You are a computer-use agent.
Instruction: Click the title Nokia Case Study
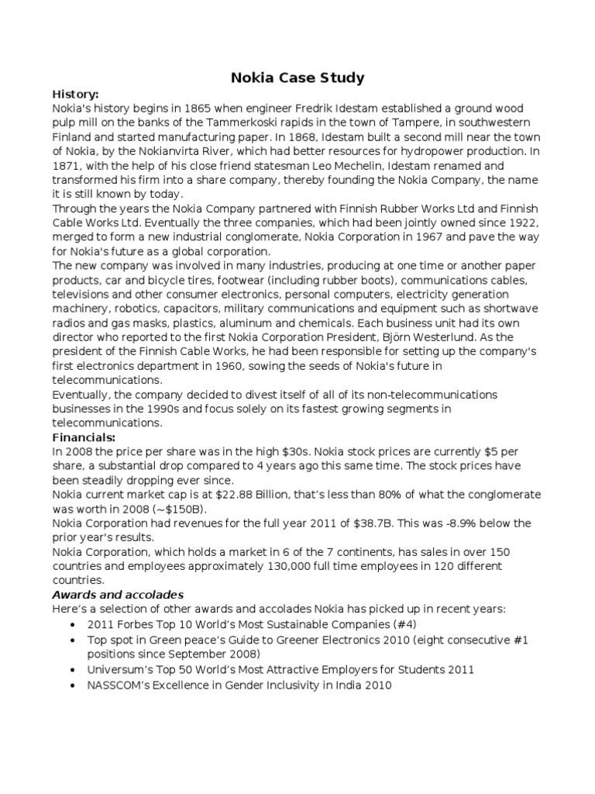point(298,78)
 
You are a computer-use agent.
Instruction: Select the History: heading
point(75,94)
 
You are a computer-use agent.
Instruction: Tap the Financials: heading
point(83,437)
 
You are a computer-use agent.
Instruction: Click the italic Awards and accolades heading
point(118,595)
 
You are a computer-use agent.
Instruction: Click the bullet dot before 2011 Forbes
point(72,624)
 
